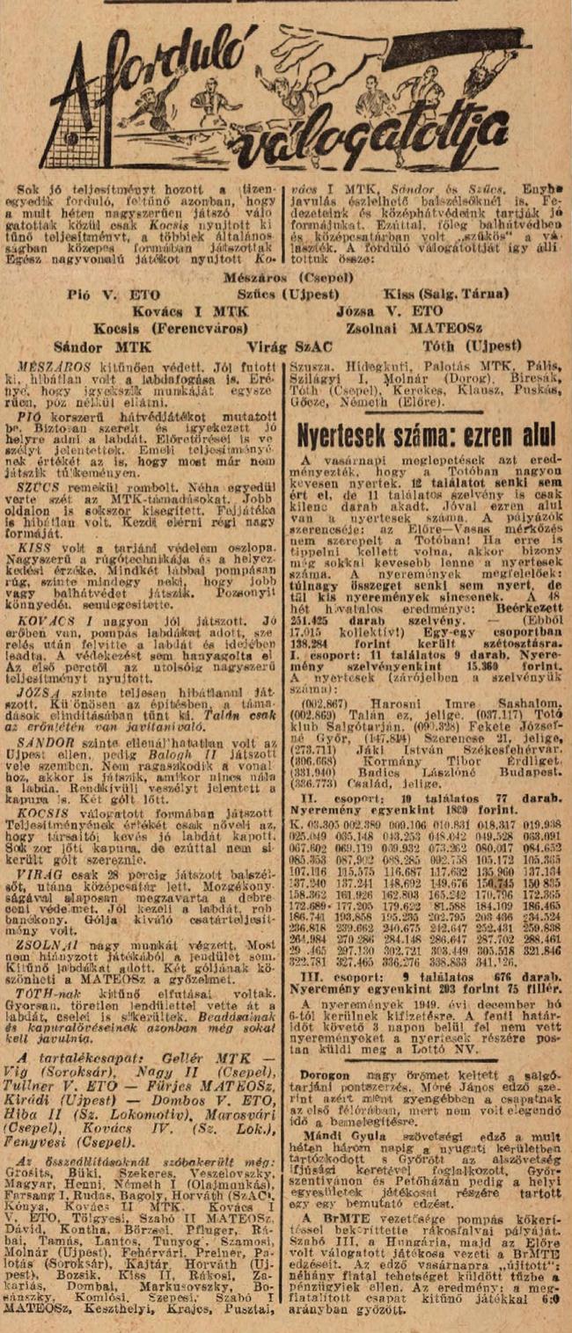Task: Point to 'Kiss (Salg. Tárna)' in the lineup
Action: (456, 294)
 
